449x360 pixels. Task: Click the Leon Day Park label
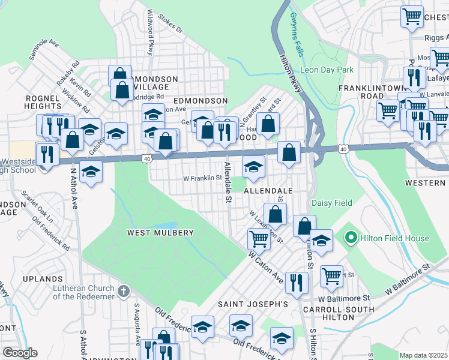pos(327,70)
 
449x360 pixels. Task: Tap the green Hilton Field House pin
pos(351,238)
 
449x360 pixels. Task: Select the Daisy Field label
pos(331,203)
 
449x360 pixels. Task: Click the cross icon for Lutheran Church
pos(123,292)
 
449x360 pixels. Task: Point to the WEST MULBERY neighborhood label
pos(160,233)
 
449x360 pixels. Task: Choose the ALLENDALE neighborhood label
pos(268,190)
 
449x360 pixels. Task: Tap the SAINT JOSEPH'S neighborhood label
pos(253,304)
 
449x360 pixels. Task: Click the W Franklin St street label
pos(203,178)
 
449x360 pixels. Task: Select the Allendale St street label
pos(228,183)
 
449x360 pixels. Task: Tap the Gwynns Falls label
pos(297,35)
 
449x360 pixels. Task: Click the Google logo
pos(20,353)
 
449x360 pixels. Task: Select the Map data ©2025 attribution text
pos(424,355)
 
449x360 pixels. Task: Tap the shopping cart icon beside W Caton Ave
pos(259,238)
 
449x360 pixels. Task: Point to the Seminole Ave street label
pos(44,50)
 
